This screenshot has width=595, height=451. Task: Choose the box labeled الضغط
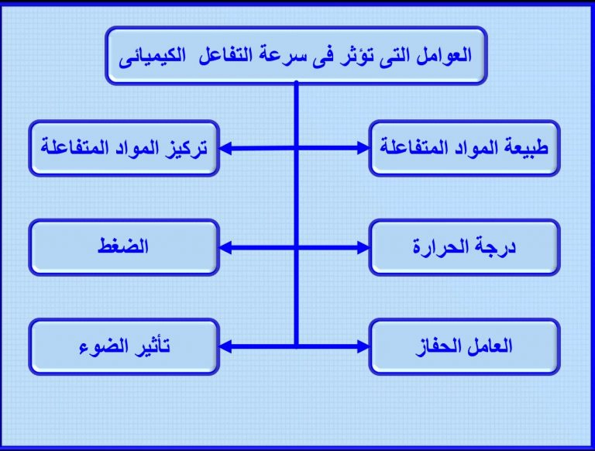(124, 247)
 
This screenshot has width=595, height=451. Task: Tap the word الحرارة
(443, 246)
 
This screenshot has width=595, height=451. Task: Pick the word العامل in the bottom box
(489, 346)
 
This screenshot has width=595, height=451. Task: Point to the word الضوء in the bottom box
(102, 346)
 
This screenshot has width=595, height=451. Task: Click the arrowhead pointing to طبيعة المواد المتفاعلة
(363, 148)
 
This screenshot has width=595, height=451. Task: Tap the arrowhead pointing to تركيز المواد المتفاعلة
(225, 148)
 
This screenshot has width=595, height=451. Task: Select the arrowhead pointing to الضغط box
(225, 248)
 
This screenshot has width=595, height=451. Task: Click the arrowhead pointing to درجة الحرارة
(363, 248)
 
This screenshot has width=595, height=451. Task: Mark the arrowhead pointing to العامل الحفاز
(363, 346)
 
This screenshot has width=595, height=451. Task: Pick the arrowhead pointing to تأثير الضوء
(225, 346)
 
